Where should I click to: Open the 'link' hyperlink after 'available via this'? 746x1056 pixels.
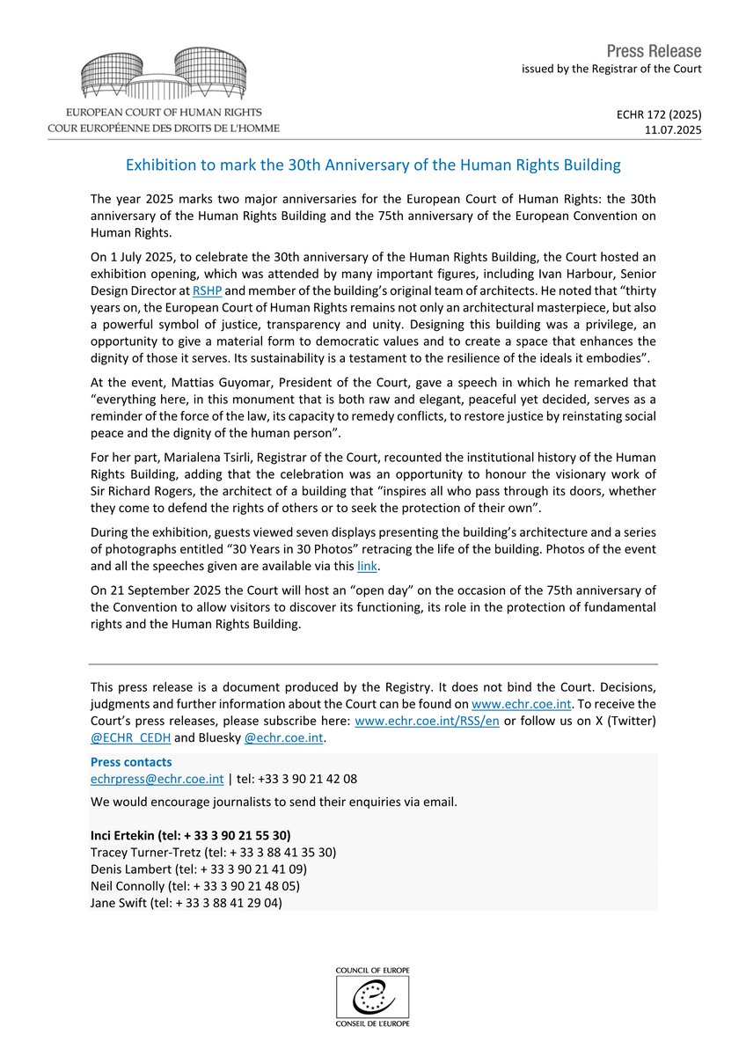pyautogui.click(x=368, y=568)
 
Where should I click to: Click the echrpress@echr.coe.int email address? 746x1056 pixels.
pyautogui.click(x=150, y=779)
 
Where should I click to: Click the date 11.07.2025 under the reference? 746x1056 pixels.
pyautogui.click(x=673, y=129)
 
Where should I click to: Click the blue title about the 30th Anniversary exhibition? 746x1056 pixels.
pyautogui.click(x=373, y=165)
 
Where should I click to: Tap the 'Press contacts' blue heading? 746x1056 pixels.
pyautogui.click(x=131, y=762)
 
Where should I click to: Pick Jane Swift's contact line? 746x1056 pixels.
pyautogui.click(x=186, y=902)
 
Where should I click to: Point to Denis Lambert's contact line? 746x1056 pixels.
pyautogui.click(x=199, y=869)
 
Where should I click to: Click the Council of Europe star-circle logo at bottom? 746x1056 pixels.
pyautogui.click(x=373, y=997)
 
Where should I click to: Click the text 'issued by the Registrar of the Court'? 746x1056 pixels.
pyautogui.click(x=611, y=69)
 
